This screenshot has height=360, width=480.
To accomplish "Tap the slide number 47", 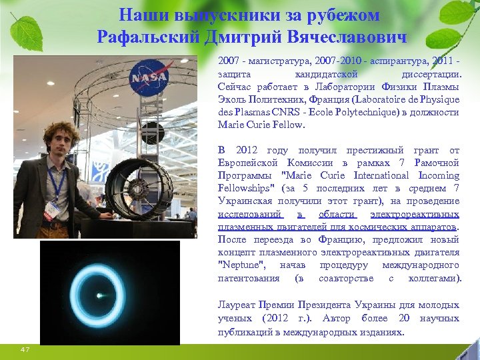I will click(x=25, y=349).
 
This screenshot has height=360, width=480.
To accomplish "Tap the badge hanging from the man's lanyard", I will click(x=51, y=209).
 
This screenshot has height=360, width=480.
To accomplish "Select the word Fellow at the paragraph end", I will click(x=289, y=125).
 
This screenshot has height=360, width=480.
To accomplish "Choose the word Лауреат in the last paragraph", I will click(x=237, y=305).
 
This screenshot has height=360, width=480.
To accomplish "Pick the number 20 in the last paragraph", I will click(x=405, y=318).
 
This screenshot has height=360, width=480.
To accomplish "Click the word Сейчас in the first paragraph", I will click(x=233, y=87).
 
